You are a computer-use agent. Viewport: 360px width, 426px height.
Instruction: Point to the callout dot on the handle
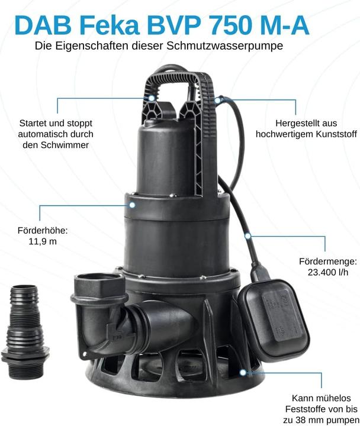pos(152,98)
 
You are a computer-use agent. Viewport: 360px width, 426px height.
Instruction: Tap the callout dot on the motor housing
pos(133,205)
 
